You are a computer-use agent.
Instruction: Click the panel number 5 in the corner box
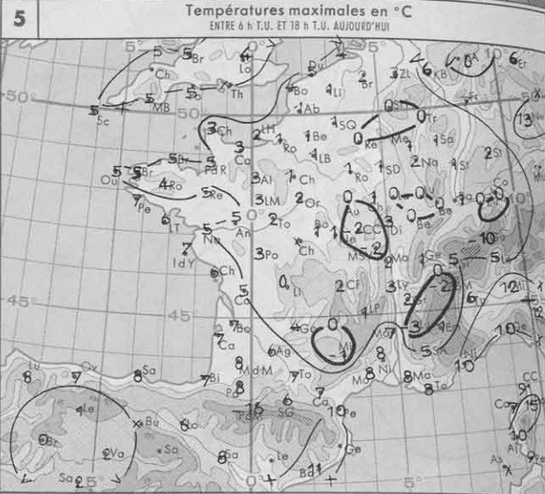(x=19, y=20)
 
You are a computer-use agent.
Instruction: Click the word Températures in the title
(x=232, y=11)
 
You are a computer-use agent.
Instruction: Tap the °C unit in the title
(x=383, y=11)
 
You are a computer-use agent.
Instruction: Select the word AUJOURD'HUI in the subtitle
(x=368, y=27)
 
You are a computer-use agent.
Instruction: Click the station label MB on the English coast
(x=161, y=108)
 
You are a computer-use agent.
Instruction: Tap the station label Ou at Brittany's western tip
(x=109, y=181)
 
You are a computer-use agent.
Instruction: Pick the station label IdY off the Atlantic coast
(x=184, y=262)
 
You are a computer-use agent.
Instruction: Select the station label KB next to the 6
(x=440, y=74)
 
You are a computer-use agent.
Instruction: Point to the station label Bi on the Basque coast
(x=214, y=378)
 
